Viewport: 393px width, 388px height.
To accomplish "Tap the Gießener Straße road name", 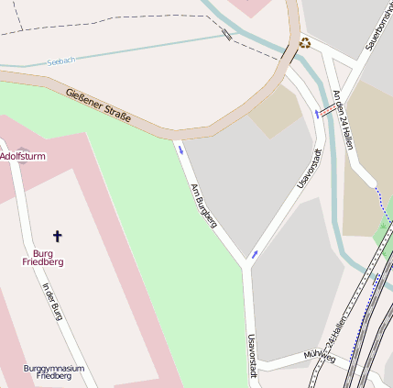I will click(x=98, y=106).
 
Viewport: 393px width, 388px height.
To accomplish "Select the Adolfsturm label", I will click(x=23, y=157).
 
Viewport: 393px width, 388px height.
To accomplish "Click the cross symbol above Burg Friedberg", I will click(x=57, y=236).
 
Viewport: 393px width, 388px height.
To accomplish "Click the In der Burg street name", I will click(x=52, y=300).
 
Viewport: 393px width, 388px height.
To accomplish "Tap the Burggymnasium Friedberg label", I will click(x=54, y=371).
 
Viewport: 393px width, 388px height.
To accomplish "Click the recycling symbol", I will click(x=304, y=42).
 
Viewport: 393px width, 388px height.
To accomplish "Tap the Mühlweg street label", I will click(x=320, y=355).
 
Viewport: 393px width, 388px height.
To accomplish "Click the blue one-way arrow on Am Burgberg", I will click(x=180, y=150).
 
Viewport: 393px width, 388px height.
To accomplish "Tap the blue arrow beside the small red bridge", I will click(x=317, y=113).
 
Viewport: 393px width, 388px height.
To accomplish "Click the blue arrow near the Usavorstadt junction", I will click(x=255, y=253).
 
